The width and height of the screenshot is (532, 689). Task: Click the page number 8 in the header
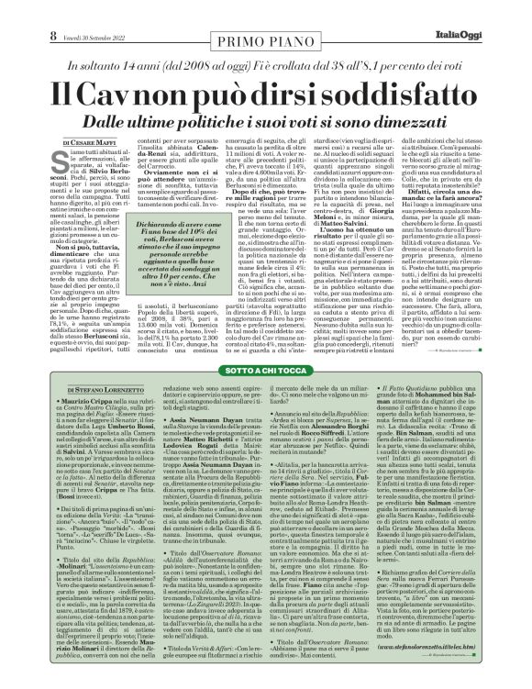[x=15, y=11]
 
